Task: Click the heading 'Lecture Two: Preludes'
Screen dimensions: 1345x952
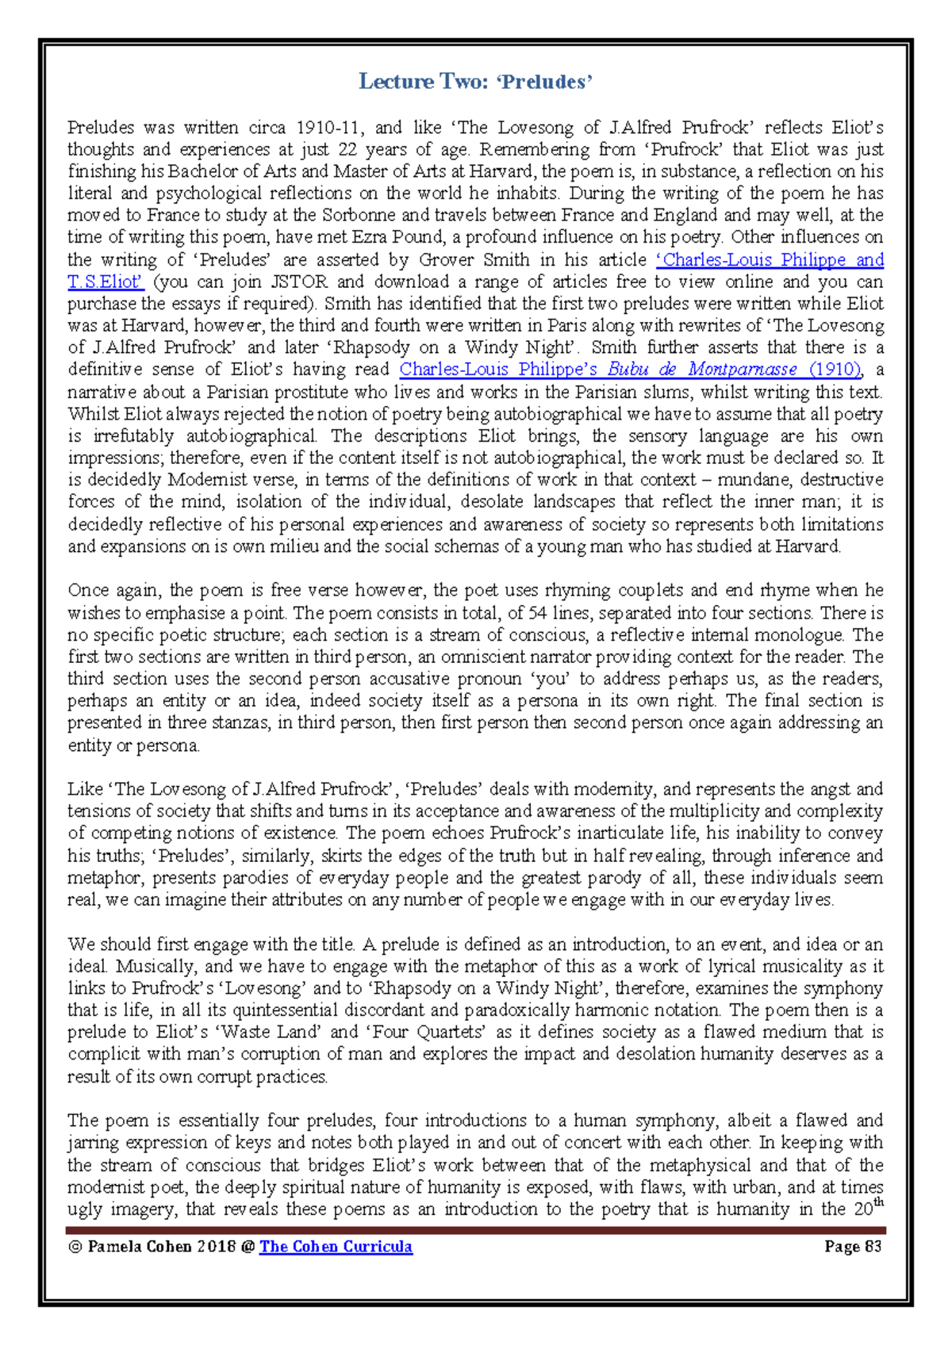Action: pos(475,82)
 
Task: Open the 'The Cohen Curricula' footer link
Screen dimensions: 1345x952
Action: pos(336,1247)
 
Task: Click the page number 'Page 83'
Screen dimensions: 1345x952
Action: pos(853,1247)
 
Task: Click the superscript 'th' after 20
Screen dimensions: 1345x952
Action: pos(877,1203)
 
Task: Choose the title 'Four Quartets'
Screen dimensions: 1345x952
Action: pos(426,1033)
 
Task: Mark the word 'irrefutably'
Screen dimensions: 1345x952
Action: pos(132,436)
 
